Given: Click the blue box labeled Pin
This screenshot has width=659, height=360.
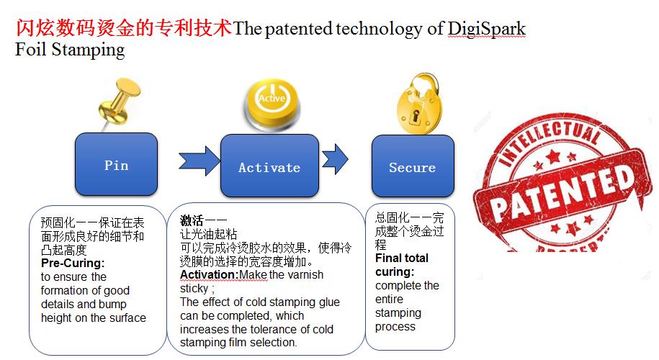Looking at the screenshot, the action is pos(117,164).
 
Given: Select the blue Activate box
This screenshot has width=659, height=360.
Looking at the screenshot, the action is pos(269,166).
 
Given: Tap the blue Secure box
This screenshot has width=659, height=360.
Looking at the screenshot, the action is pos(413,166).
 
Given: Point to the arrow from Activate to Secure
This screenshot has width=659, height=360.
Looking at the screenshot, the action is pos(335,159).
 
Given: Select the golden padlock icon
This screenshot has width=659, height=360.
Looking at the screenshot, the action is pos(418,104).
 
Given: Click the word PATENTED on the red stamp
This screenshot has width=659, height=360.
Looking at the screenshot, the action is pos(562,192).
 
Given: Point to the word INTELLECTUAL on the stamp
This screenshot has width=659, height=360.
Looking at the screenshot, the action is pos(550,142).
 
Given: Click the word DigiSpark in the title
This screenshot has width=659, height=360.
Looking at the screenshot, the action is pos(486,29).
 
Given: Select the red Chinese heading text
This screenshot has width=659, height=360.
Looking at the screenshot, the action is pos(124,28).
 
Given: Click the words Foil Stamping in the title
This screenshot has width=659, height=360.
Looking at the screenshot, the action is pos(70,50).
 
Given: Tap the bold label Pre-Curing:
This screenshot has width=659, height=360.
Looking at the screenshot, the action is pos(73,264).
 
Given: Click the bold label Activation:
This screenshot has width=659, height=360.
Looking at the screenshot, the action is pos(210,275).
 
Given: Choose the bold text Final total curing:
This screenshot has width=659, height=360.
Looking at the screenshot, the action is pos(402,265).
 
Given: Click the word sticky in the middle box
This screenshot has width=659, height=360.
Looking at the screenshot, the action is pos(194,289).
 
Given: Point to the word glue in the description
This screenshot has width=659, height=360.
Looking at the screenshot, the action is pos(329,302).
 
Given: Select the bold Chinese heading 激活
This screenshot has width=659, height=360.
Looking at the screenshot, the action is pos(192,220).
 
